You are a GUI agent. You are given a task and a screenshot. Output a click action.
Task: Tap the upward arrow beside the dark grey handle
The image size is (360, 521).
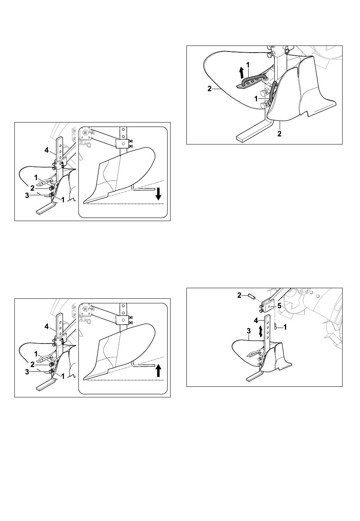coord(242,72)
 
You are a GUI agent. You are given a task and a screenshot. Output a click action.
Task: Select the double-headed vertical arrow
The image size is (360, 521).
coord(261,331)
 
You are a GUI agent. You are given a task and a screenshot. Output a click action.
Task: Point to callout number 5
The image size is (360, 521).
coord(279,306)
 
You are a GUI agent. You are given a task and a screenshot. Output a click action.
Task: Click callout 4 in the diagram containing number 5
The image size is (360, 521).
coord(256,320)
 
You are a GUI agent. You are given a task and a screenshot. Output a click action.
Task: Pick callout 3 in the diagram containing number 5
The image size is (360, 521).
coord(249,331)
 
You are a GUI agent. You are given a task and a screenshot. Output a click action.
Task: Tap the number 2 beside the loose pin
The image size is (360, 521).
coord(239,295)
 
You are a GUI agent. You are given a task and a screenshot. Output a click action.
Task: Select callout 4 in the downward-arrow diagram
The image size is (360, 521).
coord(47,150)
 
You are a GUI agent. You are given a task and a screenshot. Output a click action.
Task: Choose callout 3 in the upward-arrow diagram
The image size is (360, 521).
coord(27,372)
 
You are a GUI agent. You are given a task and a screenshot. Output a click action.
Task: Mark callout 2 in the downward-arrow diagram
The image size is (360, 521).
coord(32,188)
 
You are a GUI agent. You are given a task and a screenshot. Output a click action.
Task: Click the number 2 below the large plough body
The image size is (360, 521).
coord(279,134)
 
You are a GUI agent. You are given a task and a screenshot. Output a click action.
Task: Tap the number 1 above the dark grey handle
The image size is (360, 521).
coord(248,65)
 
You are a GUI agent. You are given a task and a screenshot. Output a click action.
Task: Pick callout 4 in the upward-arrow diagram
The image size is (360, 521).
coord(47,326)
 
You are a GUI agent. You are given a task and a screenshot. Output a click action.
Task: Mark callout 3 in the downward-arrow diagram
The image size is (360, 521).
coord(27,195)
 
